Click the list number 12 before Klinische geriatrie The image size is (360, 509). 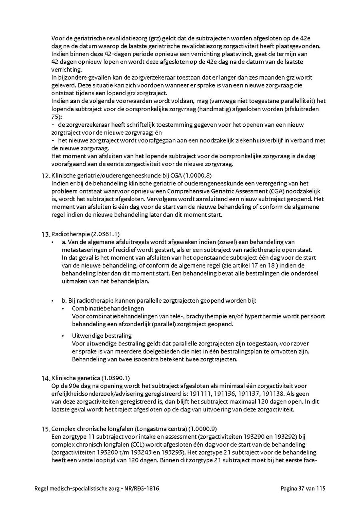[46, 176]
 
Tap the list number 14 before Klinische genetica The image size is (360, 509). [46, 378]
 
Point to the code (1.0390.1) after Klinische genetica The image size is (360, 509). [116, 378]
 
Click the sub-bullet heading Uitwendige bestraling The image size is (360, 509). [102, 335]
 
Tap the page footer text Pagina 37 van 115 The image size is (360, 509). [303, 488]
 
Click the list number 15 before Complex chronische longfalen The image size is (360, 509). [46, 429]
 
